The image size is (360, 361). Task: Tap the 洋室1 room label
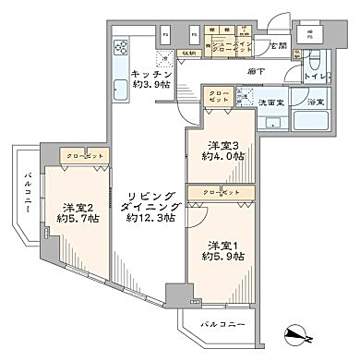219,245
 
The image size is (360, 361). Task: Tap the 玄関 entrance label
278,45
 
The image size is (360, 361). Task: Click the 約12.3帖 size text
148,219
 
